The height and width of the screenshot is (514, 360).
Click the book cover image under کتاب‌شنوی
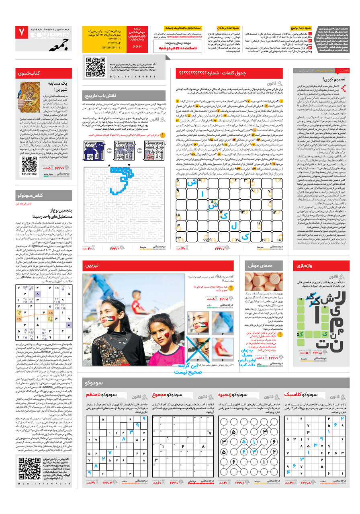coord(31,97)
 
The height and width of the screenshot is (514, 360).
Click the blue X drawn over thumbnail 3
coord(198,348)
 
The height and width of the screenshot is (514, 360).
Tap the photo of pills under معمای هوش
coord(263,282)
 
